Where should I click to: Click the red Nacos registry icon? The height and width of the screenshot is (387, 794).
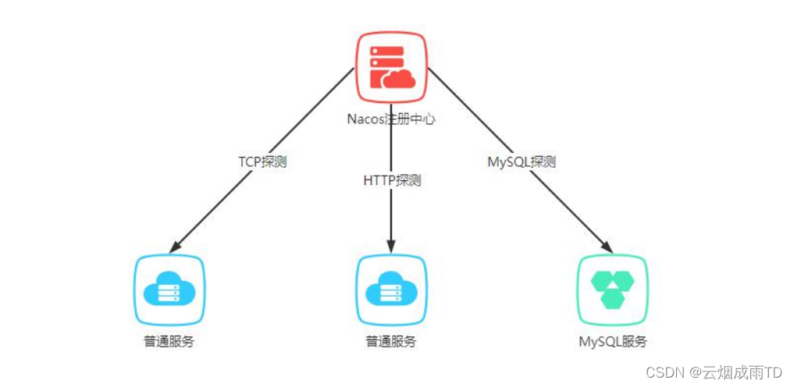point(391,68)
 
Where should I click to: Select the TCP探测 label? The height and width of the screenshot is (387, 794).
point(262,162)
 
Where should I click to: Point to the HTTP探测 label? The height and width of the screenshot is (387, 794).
point(392,180)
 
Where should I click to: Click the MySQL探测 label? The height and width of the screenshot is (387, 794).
point(521,162)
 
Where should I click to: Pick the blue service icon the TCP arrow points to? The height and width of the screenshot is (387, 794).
point(169,289)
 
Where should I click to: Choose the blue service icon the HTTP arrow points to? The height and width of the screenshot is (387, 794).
point(391,289)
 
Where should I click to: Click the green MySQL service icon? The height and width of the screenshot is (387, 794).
point(613,289)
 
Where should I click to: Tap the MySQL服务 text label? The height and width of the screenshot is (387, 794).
point(613,342)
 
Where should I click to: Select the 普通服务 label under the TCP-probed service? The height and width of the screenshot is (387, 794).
point(169,342)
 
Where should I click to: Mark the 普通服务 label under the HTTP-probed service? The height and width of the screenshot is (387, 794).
point(391,342)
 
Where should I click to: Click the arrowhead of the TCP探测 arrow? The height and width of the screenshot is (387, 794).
point(176,247)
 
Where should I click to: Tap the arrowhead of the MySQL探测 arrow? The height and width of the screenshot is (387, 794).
point(606,247)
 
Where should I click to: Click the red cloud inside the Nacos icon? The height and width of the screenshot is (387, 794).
point(399,79)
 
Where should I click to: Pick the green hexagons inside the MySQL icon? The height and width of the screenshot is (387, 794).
point(613,289)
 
